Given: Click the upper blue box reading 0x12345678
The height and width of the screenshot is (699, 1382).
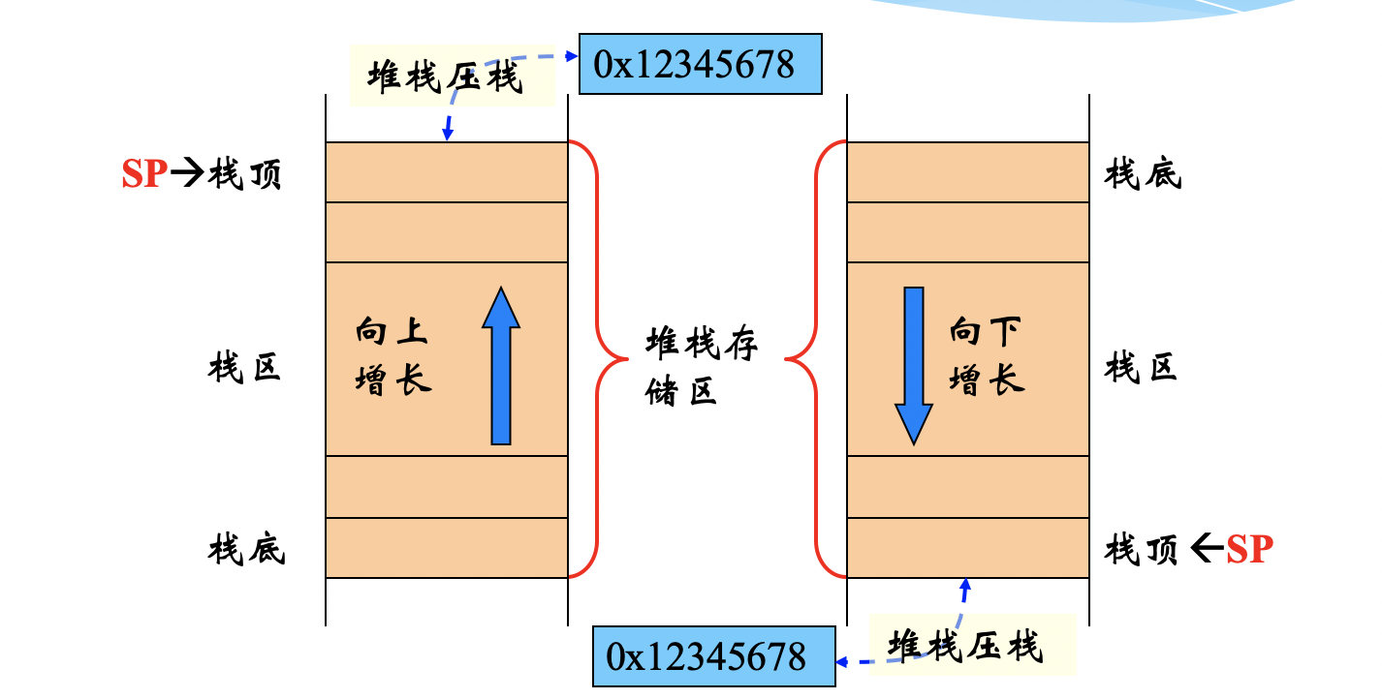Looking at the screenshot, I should [700, 64].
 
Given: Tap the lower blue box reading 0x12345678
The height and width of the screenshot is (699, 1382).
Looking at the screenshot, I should [713, 656].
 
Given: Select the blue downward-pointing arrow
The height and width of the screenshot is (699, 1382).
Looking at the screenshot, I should [913, 366].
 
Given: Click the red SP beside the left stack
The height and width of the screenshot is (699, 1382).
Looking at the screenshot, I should [144, 176].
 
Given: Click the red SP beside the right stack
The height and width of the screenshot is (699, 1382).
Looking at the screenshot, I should [1249, 550].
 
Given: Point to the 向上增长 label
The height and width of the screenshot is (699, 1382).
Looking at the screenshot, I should [393, 356].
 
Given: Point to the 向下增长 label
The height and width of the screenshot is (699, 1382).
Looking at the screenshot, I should [987, 356].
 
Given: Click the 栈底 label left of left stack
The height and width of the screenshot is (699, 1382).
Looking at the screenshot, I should [246, 550].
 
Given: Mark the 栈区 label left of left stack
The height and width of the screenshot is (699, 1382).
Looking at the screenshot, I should [244, 368].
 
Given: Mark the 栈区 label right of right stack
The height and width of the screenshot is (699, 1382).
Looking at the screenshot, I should [1142, 368].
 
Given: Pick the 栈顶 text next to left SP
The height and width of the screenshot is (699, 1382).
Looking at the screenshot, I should [244, 176].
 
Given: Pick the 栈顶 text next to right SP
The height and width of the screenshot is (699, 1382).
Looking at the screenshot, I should [1142, 550].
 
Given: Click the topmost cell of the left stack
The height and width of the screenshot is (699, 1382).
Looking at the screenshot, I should [446, 172].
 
